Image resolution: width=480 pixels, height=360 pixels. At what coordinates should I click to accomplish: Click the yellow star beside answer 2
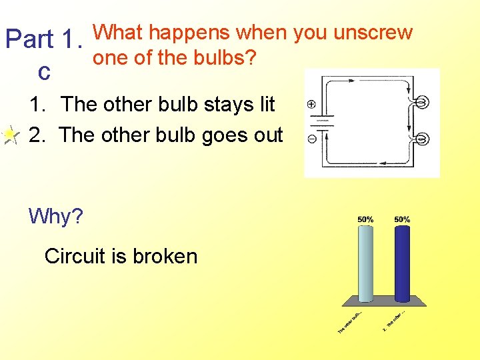coord(10,135)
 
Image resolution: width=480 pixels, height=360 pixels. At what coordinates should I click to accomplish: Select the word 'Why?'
coord(56,217)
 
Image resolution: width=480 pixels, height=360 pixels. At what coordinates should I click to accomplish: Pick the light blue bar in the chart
coord(365,264)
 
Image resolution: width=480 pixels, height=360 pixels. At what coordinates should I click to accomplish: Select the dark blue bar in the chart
coord(402,264)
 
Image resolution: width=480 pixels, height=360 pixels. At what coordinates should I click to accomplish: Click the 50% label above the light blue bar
coord(365,219)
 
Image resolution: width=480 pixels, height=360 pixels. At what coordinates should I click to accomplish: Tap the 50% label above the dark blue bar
coord(402,219)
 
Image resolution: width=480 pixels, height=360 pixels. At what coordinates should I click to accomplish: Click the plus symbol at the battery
coord(312,105)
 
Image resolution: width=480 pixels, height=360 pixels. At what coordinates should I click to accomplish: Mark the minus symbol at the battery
coord(312,139)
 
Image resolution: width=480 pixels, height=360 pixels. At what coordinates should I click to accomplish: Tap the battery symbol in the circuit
coord(324,124)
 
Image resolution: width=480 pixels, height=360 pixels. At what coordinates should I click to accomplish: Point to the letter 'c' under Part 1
coord(45,72)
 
